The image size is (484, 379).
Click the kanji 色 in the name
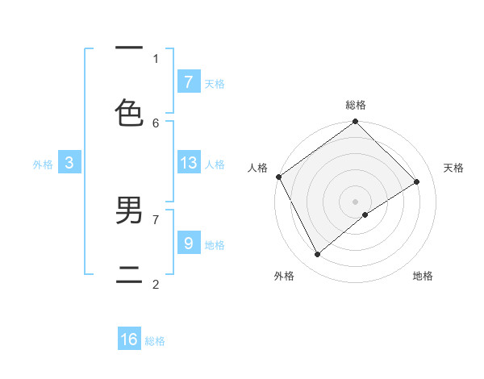[129, 114]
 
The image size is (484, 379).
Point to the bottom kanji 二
[129, 275]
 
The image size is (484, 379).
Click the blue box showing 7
[188, 81]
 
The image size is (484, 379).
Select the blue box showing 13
[188, 163]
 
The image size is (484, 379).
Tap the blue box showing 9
[188, 243]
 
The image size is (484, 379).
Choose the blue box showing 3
[69, 163]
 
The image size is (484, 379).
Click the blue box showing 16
[129, 339]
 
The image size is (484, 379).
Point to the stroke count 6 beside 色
[156, 123]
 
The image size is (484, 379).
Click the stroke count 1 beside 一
[156, 58]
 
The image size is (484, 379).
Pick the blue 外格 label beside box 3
[43, 165]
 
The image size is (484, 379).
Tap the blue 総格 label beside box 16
[155, 341]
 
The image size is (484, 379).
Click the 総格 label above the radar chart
[356, 105]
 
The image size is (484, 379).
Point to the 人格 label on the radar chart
[257, 168]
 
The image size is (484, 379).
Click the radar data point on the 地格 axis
[365, 214]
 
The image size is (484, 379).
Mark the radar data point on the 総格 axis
[356, 122]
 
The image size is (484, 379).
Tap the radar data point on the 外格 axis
[317, 255]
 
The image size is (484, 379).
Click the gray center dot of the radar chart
[356, 201]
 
